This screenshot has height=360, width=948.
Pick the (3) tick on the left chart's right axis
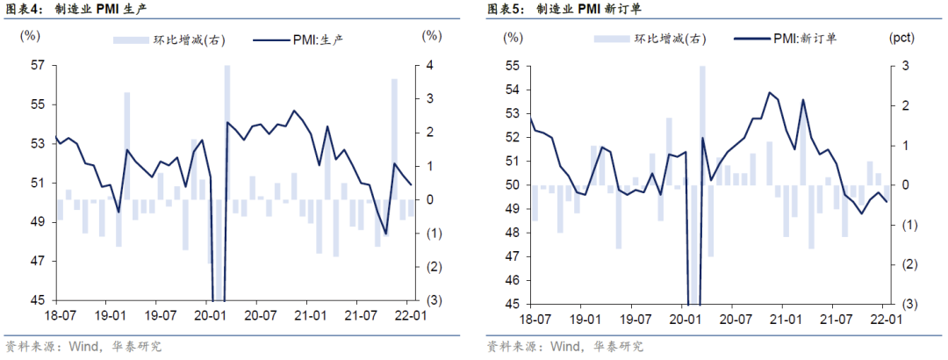click(431, 299)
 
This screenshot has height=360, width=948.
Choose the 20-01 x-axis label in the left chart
click(209, 315)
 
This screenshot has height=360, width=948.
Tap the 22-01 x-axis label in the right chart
click(884, 319)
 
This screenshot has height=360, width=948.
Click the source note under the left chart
click(83, 347)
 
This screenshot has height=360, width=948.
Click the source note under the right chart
click(565, 347)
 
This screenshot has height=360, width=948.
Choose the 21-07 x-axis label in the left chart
click(360, 315)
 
